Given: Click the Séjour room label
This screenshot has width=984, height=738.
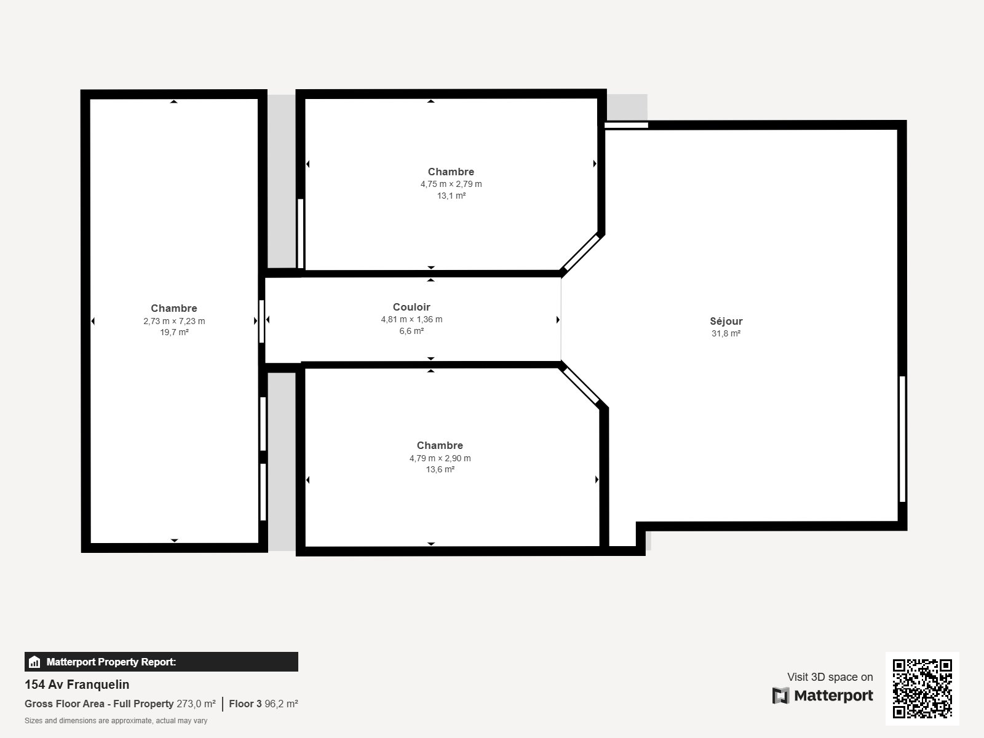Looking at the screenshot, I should coord(726,321).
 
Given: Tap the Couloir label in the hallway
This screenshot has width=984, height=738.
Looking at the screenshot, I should coord(411,307).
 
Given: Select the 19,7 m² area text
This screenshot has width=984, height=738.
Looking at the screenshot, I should coord(174,332).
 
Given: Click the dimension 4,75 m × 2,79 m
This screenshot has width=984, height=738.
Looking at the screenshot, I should coord(451,184).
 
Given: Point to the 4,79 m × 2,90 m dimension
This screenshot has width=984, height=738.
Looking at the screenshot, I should coord(440,458).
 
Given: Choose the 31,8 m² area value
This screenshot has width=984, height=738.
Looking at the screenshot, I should coord(726,334).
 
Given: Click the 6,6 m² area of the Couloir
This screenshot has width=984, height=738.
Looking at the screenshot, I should coord(411,331).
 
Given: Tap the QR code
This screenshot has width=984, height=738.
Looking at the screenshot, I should coord(922,689).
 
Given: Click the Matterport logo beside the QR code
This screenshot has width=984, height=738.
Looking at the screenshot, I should coord(823,696).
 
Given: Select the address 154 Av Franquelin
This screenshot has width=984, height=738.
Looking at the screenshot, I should coord(77,684).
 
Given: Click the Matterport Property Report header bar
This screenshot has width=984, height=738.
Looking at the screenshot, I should coord(161,662).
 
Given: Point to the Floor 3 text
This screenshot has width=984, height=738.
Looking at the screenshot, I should coord(245,704).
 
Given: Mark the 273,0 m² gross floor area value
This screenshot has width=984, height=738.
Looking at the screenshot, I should coord(196,704).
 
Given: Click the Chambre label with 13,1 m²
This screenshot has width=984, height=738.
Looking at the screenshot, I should coord(451,172).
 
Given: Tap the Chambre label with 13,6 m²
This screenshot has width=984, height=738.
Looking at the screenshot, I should coord(440,445).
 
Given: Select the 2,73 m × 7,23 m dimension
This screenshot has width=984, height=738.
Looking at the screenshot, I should coord(174,321).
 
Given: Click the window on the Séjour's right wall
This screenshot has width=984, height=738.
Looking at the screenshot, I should coord(902,439).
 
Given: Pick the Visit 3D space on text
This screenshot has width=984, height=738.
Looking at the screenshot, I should coord(830,677).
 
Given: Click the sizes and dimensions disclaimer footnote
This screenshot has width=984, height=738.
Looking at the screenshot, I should coord(116,721).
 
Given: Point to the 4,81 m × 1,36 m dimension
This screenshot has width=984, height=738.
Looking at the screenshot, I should coord(411,319).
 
